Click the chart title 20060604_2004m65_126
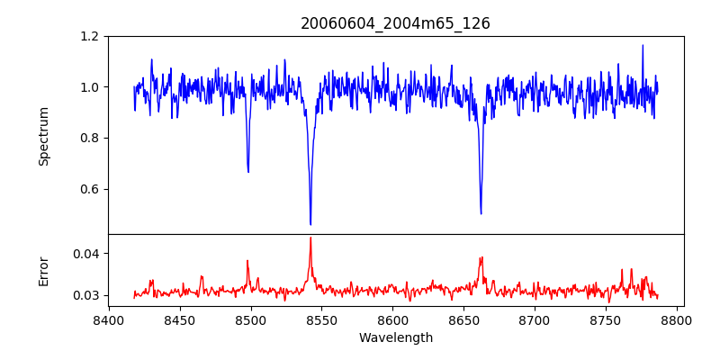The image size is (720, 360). (395, 23)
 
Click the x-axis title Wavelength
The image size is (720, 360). (395, 338)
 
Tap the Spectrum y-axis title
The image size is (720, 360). (44, 136)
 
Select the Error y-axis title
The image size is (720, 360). (44, 271)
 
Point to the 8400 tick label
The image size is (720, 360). (109, 319)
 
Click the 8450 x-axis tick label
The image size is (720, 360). (180, 319)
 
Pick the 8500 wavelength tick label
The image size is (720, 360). (251, 319)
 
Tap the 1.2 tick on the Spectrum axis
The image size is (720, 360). (88, 37)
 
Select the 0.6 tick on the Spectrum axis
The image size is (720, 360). (88, 189)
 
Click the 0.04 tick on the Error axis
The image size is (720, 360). (85, 254)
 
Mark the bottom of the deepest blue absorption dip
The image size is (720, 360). (310, 224)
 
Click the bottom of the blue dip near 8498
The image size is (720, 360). (248, 172)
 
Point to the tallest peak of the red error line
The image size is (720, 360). (310, 238)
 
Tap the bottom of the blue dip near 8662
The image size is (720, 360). (481, 213)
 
